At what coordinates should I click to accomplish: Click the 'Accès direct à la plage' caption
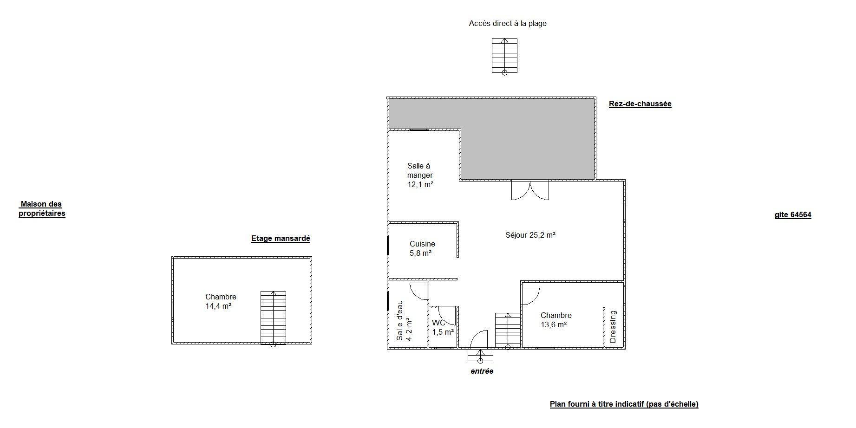click(508, 23)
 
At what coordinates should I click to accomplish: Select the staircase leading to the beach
click(504, 56)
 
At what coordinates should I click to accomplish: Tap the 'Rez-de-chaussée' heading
click(640, 104)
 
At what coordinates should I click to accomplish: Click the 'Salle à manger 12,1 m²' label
click(420, 175)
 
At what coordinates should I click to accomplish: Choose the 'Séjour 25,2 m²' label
click(530, 235)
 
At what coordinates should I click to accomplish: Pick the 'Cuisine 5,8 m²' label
click(422, 248)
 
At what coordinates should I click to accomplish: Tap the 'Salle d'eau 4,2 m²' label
click(404, 320)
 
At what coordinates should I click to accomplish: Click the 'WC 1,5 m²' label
click(443, 327)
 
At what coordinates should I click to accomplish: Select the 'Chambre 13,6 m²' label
click(556, 320)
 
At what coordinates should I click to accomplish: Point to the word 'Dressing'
click(613, 327)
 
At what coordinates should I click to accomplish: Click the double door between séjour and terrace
click(530, 190)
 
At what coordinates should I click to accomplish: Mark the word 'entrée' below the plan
click(482, 371)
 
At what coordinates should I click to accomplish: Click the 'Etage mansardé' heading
click(281, 239)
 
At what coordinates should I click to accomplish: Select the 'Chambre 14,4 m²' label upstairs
click(221, 301)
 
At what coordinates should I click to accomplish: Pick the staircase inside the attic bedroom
click(273, 318)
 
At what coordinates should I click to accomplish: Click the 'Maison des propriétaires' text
click(42, 209)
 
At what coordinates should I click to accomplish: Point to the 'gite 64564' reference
click(793, 215)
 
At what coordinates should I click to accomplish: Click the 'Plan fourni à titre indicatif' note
click(624, 404)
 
